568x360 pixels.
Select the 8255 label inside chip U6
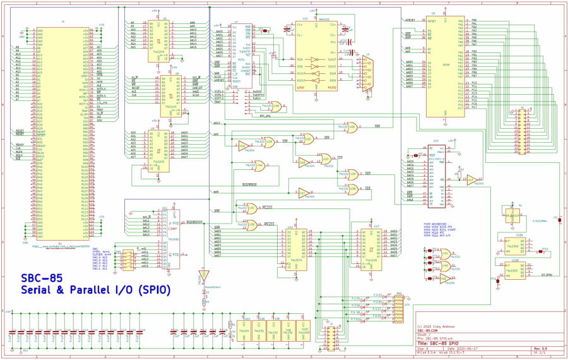[x=446, y=64]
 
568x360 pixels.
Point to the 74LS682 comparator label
[x=175, y=239]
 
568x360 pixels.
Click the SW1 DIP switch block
[x=128, y=258]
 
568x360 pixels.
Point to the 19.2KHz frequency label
[x=547, y=275]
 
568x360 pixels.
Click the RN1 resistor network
[x=398, y=307]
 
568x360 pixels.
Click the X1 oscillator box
[x=519, y=215]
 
